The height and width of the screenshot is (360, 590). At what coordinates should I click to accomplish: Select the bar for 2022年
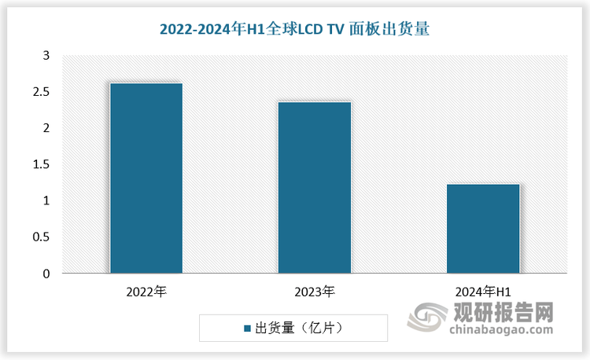click(146, 178)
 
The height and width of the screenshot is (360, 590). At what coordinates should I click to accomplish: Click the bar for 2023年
click(315, 188)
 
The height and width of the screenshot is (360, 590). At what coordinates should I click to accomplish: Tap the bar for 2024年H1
click(483, 229)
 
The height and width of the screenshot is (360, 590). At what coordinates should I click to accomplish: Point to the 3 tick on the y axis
click(46, 56)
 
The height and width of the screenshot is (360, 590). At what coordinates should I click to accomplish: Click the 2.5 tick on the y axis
click(41, 92)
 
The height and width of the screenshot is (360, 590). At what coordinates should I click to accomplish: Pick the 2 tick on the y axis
click(46, 128)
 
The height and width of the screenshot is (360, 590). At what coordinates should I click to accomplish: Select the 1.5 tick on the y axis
click(41, 164)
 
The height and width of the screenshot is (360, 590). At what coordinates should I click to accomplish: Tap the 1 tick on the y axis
click(46, 201)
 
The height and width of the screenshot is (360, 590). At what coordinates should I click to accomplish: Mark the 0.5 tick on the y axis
click(41, 237)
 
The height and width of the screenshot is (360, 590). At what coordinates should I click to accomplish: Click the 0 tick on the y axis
click(46, 274)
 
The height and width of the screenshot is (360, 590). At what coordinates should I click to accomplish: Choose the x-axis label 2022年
click(146, 292)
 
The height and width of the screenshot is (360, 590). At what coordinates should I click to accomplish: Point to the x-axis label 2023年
click(315, 292)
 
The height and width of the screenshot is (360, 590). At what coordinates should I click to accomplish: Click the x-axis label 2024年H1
click(483, 292)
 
